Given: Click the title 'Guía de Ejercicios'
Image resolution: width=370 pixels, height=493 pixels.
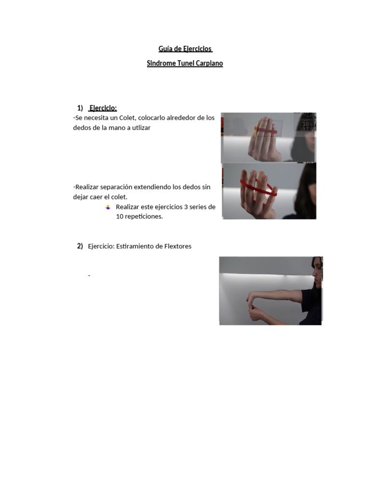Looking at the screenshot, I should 185,49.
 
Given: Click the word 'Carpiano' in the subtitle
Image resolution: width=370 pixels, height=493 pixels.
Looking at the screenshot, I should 210,63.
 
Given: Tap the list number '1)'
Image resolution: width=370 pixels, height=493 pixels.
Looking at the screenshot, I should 80,108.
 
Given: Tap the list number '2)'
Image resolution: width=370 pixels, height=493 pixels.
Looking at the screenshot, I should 80,246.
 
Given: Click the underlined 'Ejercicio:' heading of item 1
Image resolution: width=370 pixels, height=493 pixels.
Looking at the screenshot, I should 103,108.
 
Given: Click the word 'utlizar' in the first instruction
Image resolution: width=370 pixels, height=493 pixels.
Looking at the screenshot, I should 140,128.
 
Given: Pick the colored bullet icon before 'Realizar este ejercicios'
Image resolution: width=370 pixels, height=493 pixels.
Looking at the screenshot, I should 108,207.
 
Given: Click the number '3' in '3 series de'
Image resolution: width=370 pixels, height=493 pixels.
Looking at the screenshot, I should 186,207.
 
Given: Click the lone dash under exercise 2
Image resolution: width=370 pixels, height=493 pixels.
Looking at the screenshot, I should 89,276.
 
